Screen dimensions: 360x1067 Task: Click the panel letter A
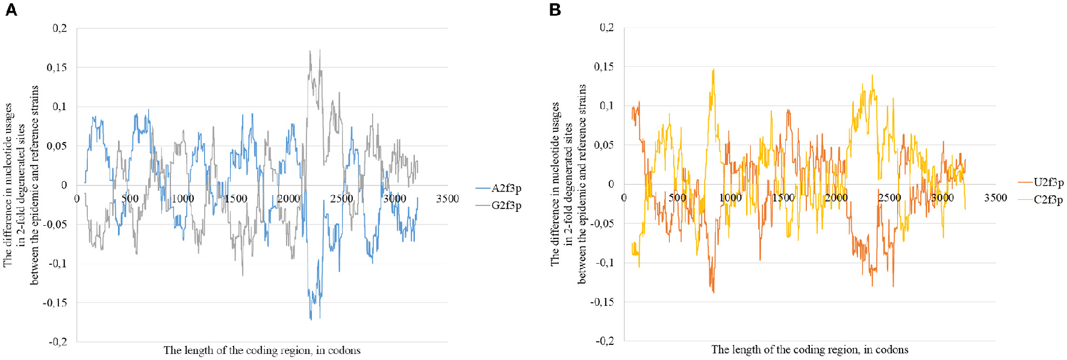tap(11, 10)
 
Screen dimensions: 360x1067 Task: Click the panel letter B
tap(555, 10)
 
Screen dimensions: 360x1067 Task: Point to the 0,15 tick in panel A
tap(57, 67)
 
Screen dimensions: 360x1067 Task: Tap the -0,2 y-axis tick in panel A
tap(57, 341)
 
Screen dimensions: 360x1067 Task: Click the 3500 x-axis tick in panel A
tap(447, 199)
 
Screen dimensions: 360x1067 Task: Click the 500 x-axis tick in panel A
tap(129, 199)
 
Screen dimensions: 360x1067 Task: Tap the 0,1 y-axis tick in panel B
tap(606, 106)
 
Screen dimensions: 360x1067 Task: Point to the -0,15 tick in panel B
tap(602, 302)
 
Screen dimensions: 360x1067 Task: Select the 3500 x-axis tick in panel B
tap(995, 197)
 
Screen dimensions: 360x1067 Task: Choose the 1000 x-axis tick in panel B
tap(730, 197)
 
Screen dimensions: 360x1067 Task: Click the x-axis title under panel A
tap(262, 350)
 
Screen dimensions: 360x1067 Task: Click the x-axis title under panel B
tap(809, 350)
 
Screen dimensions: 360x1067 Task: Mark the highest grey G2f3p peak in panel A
tap(310, 51)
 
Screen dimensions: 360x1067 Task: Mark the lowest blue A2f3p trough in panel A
tap(311, 318)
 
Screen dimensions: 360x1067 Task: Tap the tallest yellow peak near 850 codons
tap(714, 70)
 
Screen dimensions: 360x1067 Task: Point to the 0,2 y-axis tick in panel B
tap(606, 28)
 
